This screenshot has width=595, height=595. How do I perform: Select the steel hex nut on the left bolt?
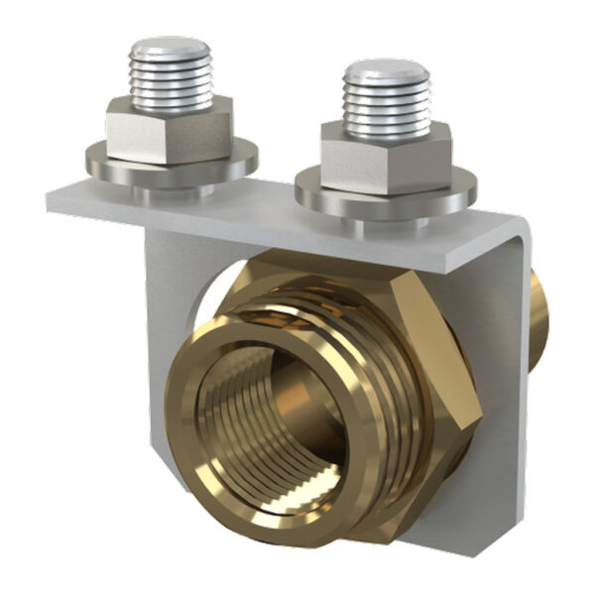coord(169,131)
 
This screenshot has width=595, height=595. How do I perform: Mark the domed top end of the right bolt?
coord(386,70)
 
